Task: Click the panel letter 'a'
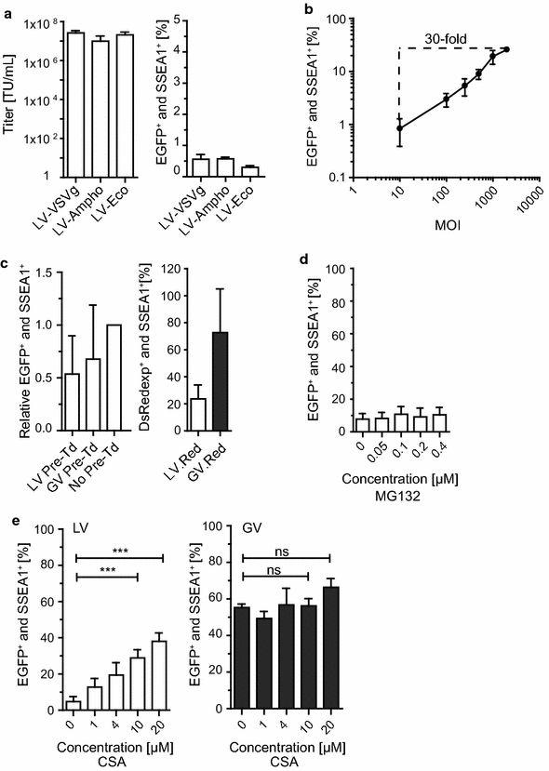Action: coord(7,7)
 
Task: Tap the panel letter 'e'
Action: coord(7,515)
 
